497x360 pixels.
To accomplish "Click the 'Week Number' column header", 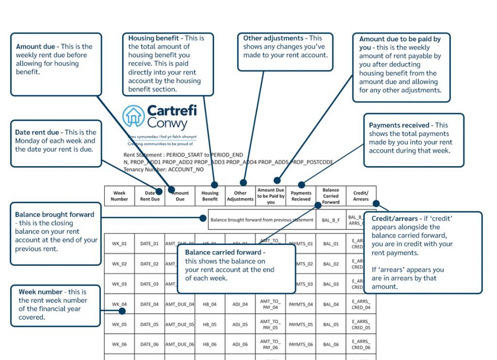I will [x=119, y=196].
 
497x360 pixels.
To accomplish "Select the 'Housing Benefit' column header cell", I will [x=210, y=196].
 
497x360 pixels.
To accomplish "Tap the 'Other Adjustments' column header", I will [x=240, y=196].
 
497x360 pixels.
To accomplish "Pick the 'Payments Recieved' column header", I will [x=301, y=196].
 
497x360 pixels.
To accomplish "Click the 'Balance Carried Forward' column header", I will [x=331, y=196].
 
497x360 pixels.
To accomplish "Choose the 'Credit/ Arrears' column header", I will [x=361, y=196].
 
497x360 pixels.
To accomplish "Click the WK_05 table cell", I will [x=119, y=325].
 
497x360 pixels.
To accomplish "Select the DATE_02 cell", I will [x=149, y=264].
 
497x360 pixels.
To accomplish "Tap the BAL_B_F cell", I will [x=331, y=220].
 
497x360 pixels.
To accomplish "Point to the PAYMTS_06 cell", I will [x=301, y=344].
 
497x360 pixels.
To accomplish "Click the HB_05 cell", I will [x=210, y=325].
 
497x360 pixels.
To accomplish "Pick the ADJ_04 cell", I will [x=240, y=305].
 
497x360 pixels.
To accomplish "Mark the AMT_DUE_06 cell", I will [x=180, y=344].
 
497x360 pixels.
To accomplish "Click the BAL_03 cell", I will [x=331, y=284].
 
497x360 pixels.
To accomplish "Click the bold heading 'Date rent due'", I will [x=38, y=132].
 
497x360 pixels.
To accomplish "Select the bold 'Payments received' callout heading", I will [x=399, y=125].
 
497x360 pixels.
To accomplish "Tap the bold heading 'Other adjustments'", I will [x=273, y=38].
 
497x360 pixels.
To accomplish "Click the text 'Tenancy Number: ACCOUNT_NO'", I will [x=164, y=170].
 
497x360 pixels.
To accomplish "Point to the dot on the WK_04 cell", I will [x=122, y=311].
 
